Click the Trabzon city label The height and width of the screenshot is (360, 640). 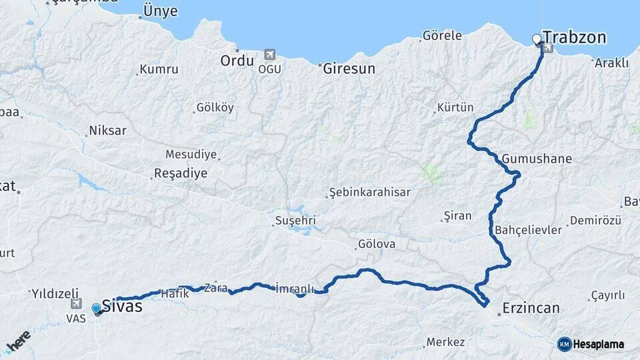pyautogui.click(x=575, y=37)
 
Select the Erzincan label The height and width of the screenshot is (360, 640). pyautogui.click(x=531, y=308)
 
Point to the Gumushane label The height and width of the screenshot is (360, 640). pyautogui.click(x=537, y=159)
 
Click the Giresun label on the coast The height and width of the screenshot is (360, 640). pyautogui.click(x=349, y=68)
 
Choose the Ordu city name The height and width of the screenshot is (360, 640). pyautogui.click(x=237, y=61)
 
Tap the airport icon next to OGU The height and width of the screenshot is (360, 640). pyautogui.click(x=269, y=54)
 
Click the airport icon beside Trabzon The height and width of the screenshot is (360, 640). pyautogui.click(x=548, y=48)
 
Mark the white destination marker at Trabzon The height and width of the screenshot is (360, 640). pyautogui.click(x=537, y=39)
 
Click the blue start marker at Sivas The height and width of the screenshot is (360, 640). pyautogui.click(x=97, y=309)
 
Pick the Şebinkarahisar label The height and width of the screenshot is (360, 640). pyautogui.click(x=370, y=193)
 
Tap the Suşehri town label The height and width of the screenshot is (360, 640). pyautogui.click(x=295, y=220)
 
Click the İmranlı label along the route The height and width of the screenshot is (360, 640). pyautogui.click(x=294, y=289)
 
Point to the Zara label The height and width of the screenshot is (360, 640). pyautogui.click(x=216, y=288)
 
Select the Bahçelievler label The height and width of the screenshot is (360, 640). pyautogui.click(x=529, y=230)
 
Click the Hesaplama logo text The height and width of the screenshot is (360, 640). pyautogui.click(x=599, y=344)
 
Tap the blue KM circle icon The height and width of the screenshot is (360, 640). pyautogui.click(x=565, y=344)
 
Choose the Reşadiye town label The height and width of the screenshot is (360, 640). pyautogui.click(x=181, y=173)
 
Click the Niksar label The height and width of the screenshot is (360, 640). pyautogui.click(x=107, y=131)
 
